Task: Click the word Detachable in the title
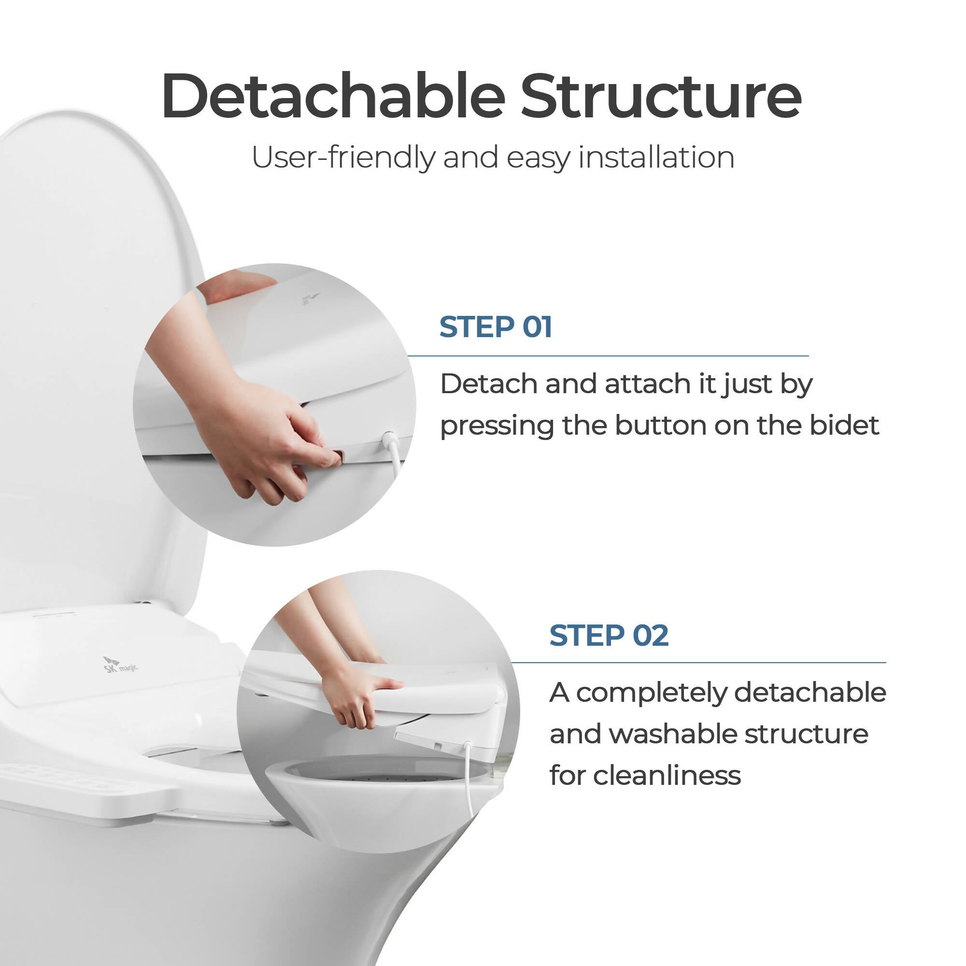pos(333,96)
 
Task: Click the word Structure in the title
pos(661,96)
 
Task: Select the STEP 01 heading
pos(496,327)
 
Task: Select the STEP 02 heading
pos(609,636)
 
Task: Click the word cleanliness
pos(667,776)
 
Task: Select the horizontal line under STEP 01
pos(608,356)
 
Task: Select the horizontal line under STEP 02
pos(698,663)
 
